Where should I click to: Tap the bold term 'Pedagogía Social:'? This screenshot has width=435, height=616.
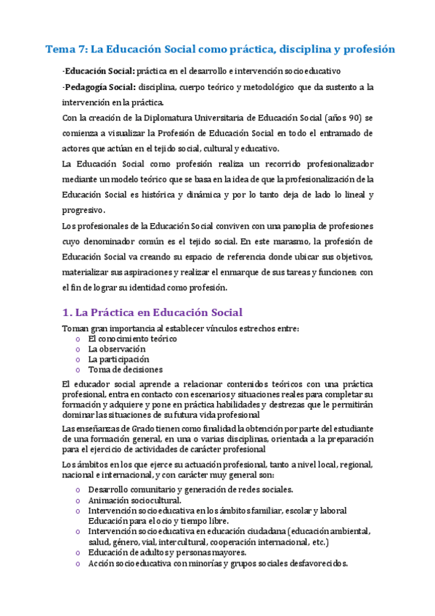tap(97, 86)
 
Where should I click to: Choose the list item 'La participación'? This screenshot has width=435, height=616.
tap(118, 359)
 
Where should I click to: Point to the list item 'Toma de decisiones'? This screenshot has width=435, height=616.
tap(122, 369)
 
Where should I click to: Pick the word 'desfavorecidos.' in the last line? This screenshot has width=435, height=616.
tap(316, 563)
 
